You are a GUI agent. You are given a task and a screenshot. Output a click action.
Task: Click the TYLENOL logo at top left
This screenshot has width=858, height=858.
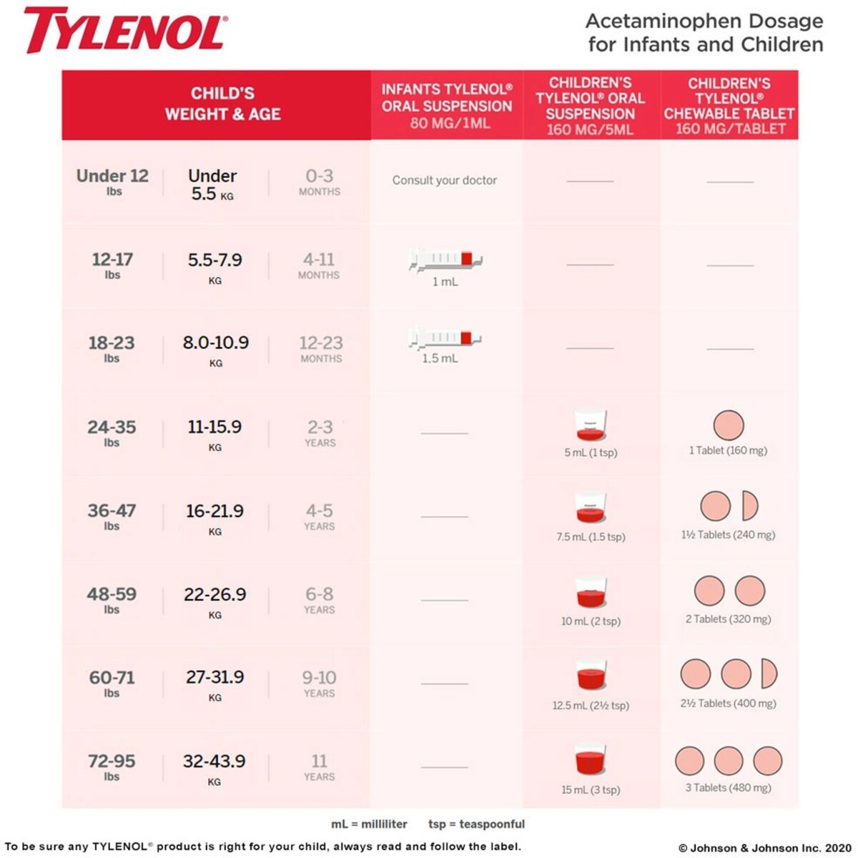125,31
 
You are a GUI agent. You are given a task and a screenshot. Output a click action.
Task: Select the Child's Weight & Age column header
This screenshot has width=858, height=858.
222,104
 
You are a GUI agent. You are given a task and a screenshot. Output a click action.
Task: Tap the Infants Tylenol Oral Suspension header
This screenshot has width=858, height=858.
446,106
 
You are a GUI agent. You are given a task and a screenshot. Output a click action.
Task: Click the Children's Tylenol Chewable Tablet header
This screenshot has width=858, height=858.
729,106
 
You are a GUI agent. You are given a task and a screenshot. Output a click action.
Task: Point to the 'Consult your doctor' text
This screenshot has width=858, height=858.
444,180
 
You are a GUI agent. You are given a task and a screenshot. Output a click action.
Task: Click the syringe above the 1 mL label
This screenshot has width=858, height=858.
445,259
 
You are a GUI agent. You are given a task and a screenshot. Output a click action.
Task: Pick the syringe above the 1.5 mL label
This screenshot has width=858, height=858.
445,337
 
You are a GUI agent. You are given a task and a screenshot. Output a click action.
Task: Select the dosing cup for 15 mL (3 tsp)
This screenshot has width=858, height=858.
591,760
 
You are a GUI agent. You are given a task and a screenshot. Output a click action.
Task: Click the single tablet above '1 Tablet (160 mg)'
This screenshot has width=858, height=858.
729,425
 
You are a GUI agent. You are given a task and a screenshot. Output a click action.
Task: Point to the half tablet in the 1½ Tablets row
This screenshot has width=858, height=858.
749,506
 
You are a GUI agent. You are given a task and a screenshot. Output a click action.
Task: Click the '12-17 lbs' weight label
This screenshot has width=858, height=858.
112,265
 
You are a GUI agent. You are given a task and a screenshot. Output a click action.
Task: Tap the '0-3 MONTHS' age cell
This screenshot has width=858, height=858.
319,182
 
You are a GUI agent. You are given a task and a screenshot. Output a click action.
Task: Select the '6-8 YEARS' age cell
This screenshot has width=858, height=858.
319,600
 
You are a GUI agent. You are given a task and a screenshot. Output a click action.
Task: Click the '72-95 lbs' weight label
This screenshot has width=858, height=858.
112,767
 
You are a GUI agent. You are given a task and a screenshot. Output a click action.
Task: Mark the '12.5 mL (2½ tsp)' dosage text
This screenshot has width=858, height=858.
591,706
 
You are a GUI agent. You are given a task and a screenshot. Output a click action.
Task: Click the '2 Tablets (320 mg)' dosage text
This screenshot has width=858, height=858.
728,619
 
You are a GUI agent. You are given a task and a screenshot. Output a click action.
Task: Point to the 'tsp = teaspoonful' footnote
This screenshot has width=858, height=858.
476,824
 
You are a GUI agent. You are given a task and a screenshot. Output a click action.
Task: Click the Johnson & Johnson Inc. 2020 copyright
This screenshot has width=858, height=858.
764,847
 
